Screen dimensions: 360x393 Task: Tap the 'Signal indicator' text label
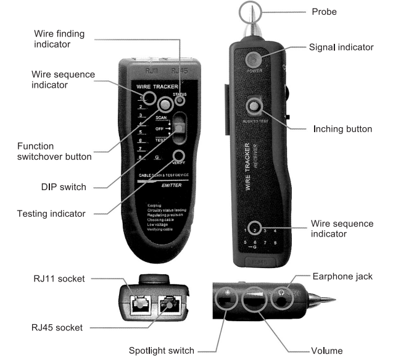point(342,47)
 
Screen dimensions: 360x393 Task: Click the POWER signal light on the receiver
point(254,59)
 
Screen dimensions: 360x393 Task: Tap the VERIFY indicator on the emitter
point(179,155)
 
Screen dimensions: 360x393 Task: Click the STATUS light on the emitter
point(180,100)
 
